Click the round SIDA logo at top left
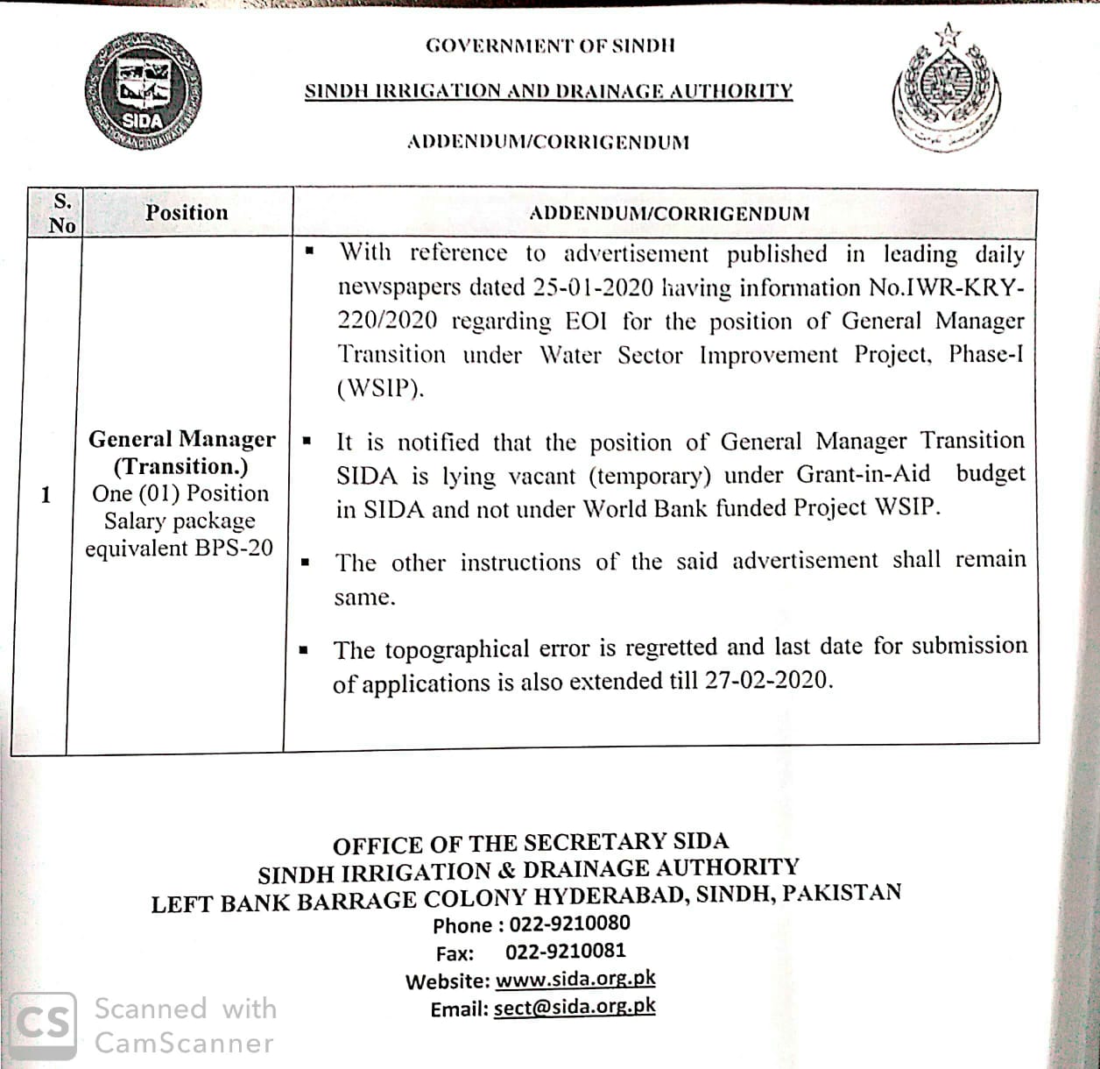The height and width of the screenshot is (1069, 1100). (144, 91)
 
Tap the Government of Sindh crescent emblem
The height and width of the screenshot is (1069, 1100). (947, 91)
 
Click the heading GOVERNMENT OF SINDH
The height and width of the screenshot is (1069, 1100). (550, 46)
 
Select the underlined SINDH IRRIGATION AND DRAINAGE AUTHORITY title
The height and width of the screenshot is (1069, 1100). (548, 91)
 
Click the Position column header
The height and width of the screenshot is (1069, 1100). (187, 212)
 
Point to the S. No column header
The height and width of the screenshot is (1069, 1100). (62, 212)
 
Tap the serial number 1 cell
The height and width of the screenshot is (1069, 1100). (46, 495)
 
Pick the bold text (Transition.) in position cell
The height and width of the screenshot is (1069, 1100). (180, 466)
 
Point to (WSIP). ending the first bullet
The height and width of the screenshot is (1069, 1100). (380, 388)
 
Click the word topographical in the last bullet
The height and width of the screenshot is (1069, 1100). (456, 649)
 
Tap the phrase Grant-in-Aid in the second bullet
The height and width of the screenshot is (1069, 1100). (863, 474)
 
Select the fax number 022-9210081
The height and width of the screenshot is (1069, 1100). (565, 951)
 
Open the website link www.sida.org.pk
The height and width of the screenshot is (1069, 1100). (575, 979)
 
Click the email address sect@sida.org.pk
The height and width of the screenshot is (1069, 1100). (574, 1007)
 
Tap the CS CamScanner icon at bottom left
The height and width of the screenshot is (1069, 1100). (45, 1023)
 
